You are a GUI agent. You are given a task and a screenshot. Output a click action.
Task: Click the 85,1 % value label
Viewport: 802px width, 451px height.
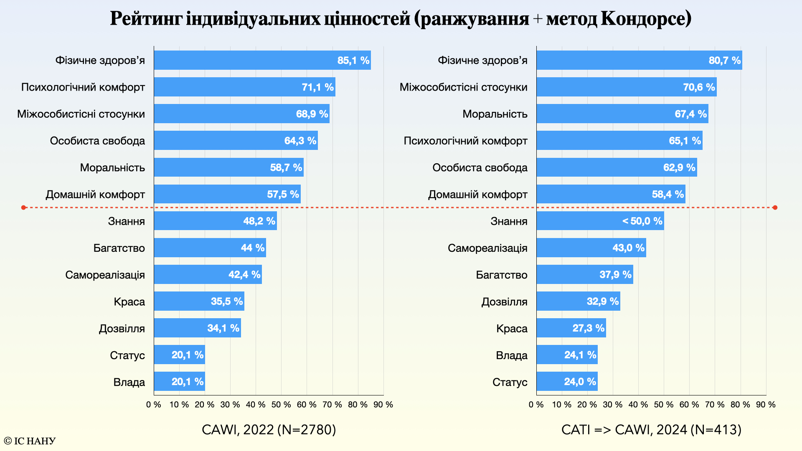[x=353, y=61]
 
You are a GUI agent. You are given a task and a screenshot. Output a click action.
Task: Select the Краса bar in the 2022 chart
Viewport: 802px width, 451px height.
[x=199, y=301]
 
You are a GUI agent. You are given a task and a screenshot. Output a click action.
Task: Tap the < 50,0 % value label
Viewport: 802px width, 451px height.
[x=642, y=221]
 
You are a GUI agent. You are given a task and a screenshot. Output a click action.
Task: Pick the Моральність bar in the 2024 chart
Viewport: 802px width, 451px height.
[x=622, y=114]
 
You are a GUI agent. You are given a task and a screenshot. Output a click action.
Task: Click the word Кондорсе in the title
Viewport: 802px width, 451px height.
[x=646, y=19]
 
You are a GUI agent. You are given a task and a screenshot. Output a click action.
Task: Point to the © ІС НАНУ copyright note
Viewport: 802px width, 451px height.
[x=30, y=441]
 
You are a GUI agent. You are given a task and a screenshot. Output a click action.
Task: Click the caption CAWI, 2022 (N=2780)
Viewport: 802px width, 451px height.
[x=269, y=430]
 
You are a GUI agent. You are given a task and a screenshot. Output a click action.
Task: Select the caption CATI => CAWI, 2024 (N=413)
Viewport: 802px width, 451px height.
[x=651, y=430]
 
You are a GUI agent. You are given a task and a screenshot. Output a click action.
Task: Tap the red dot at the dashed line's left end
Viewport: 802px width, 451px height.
[x=24, y=208]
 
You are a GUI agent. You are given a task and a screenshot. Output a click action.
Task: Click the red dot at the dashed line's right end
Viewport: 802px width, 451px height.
[x=775, y=208]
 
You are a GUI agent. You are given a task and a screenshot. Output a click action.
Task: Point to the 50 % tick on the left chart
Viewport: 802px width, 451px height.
[x=281, y=405]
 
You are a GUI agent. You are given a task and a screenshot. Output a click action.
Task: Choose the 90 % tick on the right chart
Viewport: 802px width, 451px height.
[x=766, y=405]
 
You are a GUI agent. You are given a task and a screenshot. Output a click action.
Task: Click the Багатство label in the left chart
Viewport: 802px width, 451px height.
[x=119, y=248]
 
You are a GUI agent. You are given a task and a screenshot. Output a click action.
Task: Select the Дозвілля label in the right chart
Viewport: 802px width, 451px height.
[x=504, y=302]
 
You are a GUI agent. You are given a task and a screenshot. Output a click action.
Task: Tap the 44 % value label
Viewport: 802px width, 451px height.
[x=253, y=248]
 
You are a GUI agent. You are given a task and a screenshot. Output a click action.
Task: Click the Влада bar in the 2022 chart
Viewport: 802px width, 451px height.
[x=179, y=381]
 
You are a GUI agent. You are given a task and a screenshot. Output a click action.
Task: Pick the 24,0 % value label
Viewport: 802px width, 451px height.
[x=580, y=382]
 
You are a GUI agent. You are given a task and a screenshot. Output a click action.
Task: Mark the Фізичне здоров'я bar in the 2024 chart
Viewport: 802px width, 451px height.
[x=639, y=60]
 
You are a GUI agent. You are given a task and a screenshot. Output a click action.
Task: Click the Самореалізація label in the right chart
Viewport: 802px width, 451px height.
[x=487, y=248]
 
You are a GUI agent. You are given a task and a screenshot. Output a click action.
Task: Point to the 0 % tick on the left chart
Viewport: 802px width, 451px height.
[x=154, y=405]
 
